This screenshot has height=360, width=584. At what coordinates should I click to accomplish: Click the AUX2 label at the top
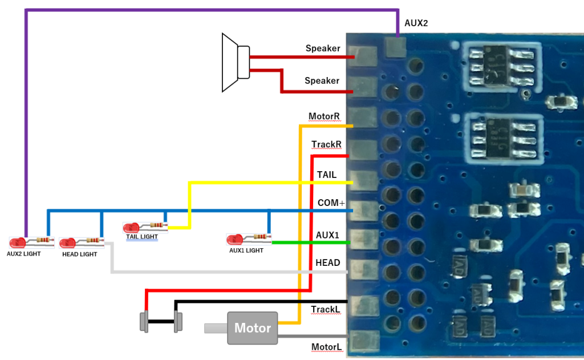416,23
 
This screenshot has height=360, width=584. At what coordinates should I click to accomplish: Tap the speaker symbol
236,62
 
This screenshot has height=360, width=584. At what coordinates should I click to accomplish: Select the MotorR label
324,116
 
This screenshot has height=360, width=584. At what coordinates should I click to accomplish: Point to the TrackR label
326,145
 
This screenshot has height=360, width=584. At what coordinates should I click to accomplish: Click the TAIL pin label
327,175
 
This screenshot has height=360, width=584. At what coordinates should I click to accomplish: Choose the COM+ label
331,203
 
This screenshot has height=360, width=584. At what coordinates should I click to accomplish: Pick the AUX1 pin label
327,234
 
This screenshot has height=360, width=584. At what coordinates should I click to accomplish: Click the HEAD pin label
327,263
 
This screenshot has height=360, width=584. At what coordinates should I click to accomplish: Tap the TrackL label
326,309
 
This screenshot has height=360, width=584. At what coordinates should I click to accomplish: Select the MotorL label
326,347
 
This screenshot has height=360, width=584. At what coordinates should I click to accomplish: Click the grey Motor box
252,328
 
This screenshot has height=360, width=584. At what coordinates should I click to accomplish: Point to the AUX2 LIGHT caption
23,253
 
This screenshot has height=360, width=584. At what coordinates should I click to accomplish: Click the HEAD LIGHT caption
79,254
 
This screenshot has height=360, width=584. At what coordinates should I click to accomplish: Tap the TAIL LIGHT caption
141,236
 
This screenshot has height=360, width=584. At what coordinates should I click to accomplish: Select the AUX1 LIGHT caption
246,250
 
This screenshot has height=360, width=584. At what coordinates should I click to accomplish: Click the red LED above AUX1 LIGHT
234,238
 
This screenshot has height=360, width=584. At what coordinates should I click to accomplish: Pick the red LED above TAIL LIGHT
131,228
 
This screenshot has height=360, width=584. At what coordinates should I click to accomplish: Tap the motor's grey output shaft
216,328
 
